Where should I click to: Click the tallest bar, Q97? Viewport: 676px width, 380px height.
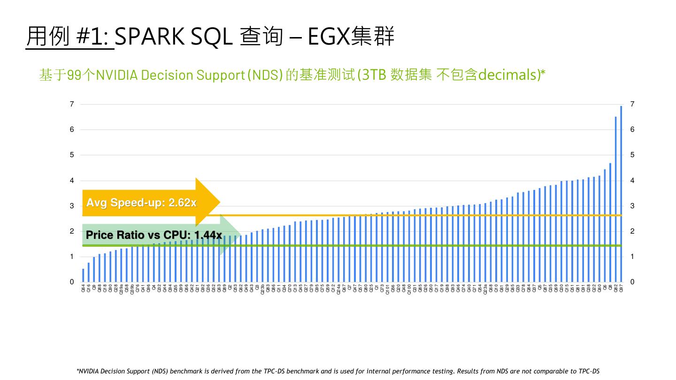(x=621, y=193)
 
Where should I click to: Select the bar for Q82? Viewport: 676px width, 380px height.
(x=615, y=199)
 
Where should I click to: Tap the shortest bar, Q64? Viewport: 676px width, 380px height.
(x=83, y=275)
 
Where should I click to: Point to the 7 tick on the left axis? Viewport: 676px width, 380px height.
(x=72, y=104)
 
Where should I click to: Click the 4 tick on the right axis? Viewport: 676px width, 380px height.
(x=632, y=181)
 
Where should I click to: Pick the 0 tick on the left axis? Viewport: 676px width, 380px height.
(x=72, y=282)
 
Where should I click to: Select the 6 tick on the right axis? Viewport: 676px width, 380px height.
(x=632, y=129)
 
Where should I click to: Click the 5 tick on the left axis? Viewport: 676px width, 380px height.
(x=72, y=155)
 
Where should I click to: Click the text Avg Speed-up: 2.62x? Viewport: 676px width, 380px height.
(x=141, y=203)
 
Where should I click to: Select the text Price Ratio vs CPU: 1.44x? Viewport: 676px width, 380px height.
(x=154, y=235)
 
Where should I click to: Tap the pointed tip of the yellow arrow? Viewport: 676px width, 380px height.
(x=219, y=202)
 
